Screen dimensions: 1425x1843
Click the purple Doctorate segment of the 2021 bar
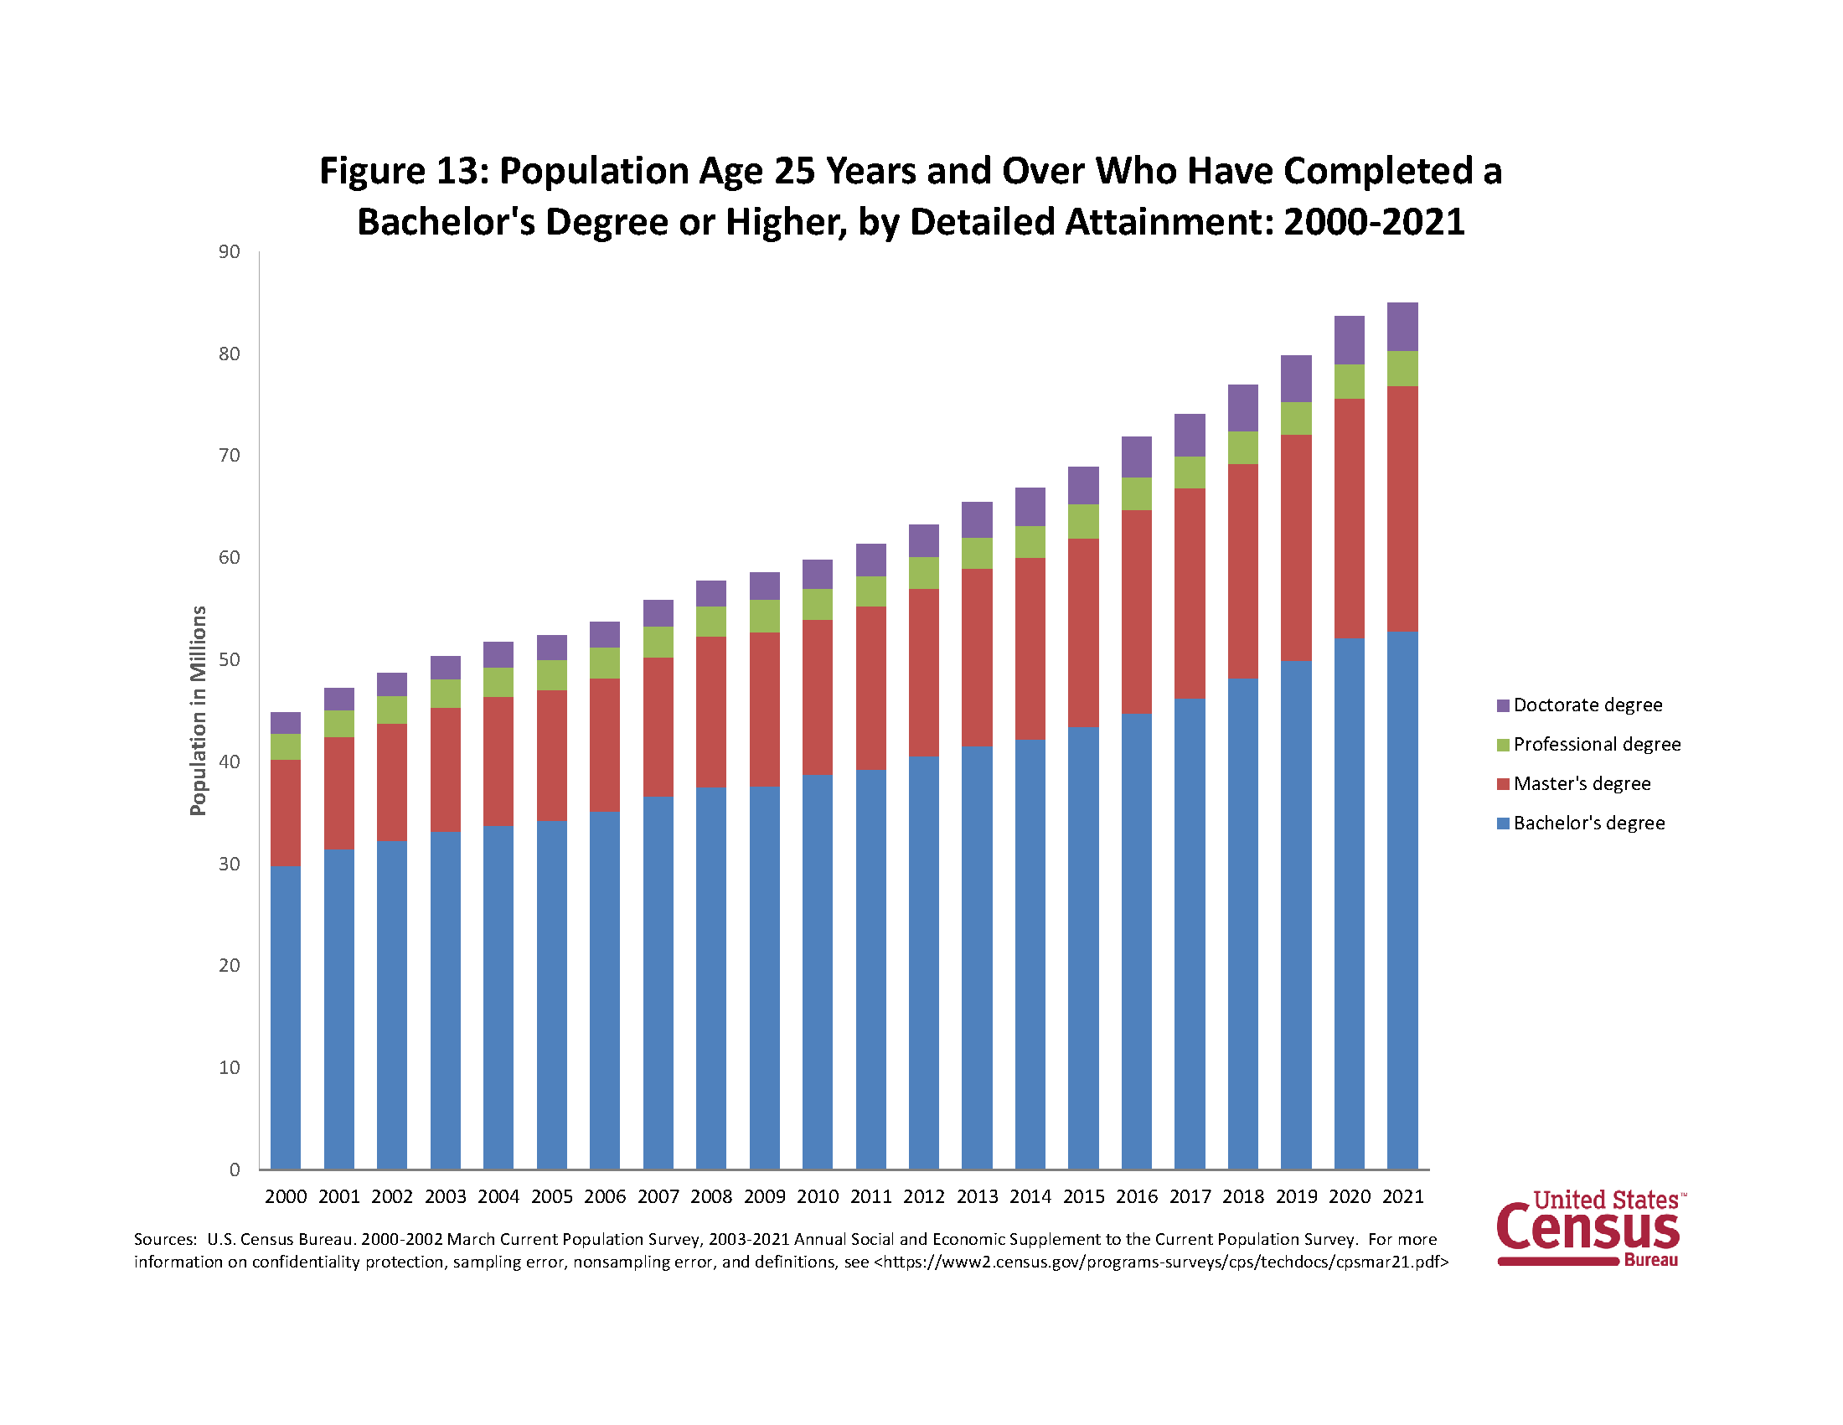1402,326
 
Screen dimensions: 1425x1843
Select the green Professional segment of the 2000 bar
285,746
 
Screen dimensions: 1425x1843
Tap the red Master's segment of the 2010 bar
817,697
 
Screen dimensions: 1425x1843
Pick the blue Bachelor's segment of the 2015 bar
1082,945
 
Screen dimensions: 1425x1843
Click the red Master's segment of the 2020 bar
1349,518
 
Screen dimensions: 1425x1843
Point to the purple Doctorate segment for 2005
551,647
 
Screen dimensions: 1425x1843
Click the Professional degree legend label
1597,744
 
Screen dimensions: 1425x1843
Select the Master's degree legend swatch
1503,784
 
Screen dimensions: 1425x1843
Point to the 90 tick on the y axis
229,251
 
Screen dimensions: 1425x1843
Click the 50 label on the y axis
229,659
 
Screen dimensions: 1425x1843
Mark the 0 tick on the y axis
235,1169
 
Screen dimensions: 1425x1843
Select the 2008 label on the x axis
711,1196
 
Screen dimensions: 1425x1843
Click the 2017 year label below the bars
1190,1196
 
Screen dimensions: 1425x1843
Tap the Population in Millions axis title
199,710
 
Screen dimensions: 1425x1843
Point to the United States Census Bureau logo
1590,1228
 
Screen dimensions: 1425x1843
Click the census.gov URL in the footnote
1160,1262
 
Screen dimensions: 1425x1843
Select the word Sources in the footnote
164,1239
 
